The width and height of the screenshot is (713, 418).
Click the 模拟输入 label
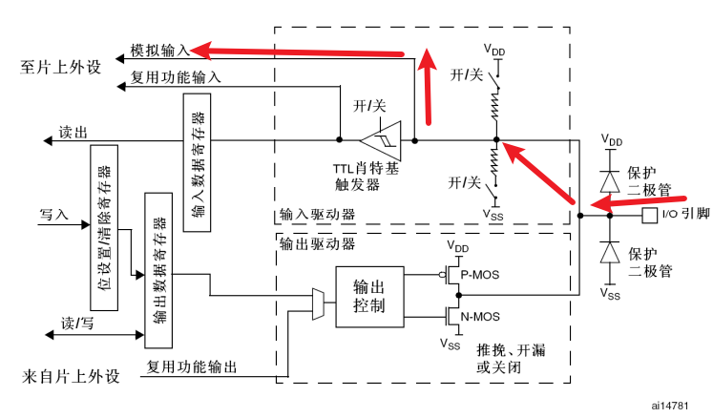coord(159,48)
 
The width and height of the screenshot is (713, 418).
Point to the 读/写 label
coord(75,323)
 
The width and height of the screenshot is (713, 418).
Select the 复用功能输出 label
coord(191,367)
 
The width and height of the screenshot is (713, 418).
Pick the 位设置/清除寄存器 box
coord(104,228)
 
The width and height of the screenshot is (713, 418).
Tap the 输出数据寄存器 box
coord(157,268)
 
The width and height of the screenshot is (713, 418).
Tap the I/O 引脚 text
coord(685,215)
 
